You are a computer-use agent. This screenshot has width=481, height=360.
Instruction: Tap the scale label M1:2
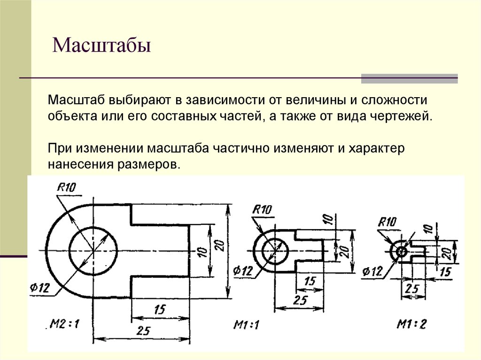(x=412, y=324)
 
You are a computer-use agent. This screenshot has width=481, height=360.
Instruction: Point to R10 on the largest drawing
(x=67, y=188)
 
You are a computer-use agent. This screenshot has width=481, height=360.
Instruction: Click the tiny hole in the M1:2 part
(x=402, y=251)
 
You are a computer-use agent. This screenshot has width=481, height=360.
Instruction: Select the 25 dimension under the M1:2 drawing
(x=412, y=289)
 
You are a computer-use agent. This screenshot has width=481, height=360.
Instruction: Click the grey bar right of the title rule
(x=409, y=78)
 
